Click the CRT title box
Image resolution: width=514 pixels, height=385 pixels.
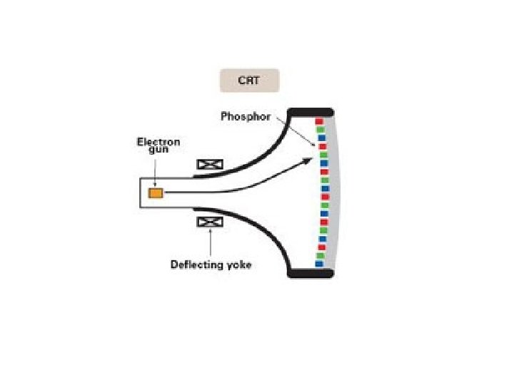click(x=249, y=81)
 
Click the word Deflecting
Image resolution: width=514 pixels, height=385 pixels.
click(x=196, y=265)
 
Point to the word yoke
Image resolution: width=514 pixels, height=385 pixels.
click(x=238, y=265)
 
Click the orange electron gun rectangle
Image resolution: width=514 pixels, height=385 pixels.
click(x=155, y=193)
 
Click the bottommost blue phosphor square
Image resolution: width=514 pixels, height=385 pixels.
click(x=320, y=264)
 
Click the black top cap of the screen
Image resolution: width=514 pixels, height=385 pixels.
click(x=310, y=112)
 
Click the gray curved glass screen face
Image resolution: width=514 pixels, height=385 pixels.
click(x=336, y=192)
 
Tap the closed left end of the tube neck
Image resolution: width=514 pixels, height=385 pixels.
click(x=141, y=192)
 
